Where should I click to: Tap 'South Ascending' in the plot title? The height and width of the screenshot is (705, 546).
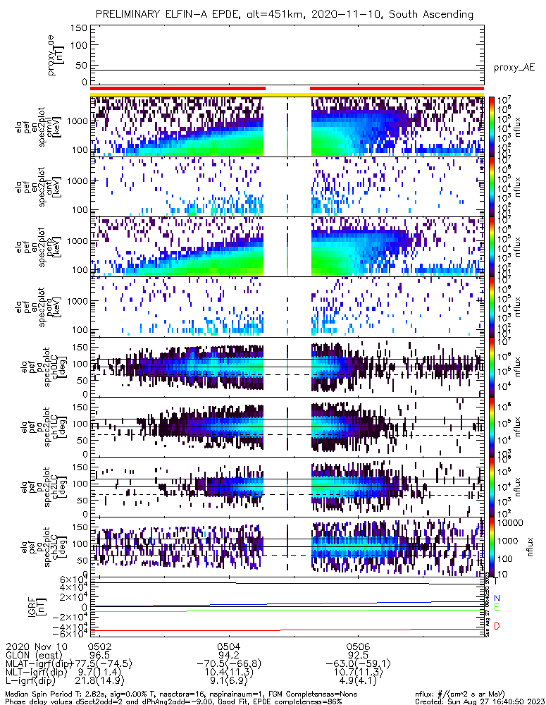pyautogui.click(x=430, y=14)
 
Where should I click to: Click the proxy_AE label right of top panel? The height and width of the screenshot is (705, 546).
pyautogui.click(x=514, y=68)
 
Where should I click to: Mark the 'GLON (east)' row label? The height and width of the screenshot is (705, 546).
pyautogui.click(x=30, y=655)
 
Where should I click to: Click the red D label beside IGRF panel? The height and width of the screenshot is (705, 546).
pyautogui.click(x=497, y=626)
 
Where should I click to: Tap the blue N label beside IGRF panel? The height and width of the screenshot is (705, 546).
pyautogui.click(x=497, y=599)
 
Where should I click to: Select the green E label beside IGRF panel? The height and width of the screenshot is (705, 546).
pyautogui.click(x=497, y=607)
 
